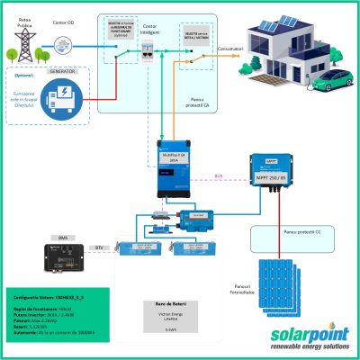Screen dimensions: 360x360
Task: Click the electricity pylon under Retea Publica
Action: click(x=20, y=40)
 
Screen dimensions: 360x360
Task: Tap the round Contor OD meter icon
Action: click(x=64, y=41)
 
